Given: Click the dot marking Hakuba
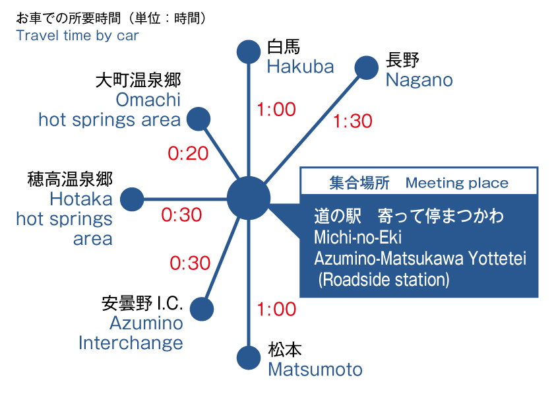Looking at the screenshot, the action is coord(249,52).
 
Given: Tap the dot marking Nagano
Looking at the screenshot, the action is coord(367,68).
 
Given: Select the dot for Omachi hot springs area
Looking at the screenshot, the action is coord(199,119).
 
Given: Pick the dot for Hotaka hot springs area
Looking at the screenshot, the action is coord(132,199).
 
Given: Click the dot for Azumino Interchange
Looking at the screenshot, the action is coord(202,309).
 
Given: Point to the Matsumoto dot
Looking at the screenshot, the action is coord(249,358).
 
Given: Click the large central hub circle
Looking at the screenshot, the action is coord(249,199).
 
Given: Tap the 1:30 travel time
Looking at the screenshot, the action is coord(353,121).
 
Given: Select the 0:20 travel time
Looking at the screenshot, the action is coord(188,153).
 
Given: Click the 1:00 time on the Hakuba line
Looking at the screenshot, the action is coord(276,110).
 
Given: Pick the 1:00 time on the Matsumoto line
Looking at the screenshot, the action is coord(276,309).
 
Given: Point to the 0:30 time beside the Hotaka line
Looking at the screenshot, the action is coord(181,214).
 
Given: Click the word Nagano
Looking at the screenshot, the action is coord(419,81).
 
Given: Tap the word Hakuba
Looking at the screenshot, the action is coord(300,67).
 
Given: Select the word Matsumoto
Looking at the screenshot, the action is coord(315,370).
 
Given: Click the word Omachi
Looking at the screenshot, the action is coord(148,100).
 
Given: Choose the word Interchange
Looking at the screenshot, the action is coord(131,343).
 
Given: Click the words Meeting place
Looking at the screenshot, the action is coord(457,183).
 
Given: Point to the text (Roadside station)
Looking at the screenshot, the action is coord(384,280).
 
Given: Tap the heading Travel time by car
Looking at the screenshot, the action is coord(77,36).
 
